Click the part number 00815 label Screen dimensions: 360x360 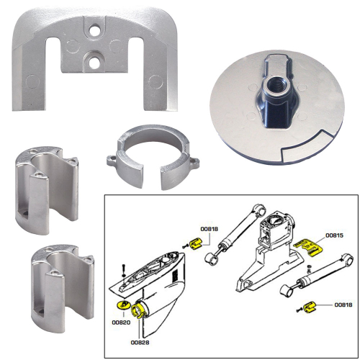335,235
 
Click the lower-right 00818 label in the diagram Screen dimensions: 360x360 343,305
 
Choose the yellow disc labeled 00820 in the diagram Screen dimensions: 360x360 120,305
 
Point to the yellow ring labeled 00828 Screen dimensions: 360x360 138,312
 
